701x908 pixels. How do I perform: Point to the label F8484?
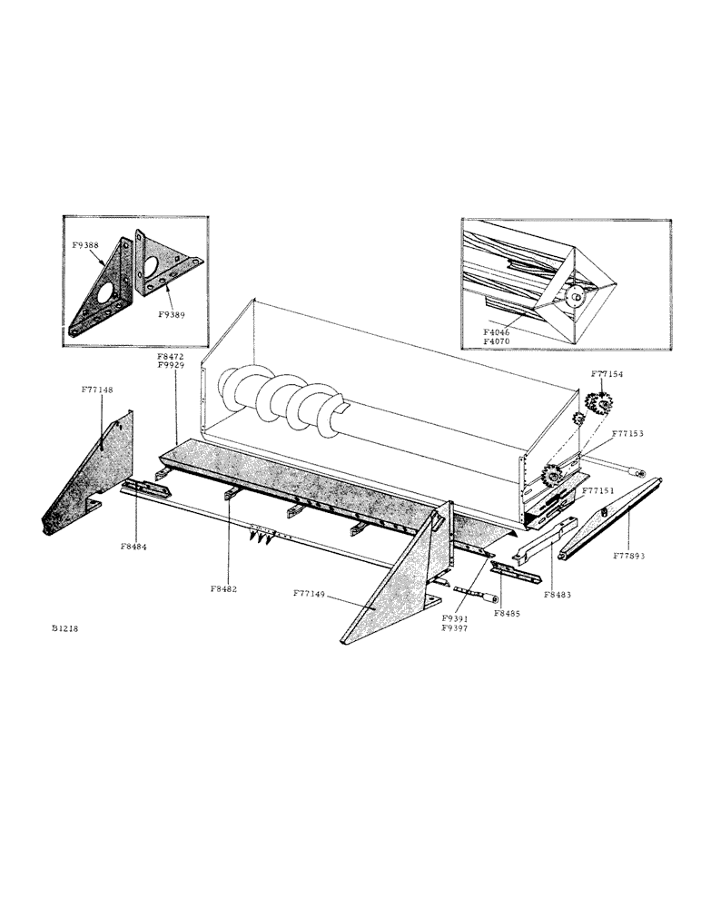134,547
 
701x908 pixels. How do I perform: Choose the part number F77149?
311,593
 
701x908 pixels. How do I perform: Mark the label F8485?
508,615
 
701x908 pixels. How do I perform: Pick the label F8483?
559,595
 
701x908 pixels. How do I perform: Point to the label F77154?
608,373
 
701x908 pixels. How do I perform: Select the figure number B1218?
65,628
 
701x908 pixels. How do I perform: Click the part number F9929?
171,367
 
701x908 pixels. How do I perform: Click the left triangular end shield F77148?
91,477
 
